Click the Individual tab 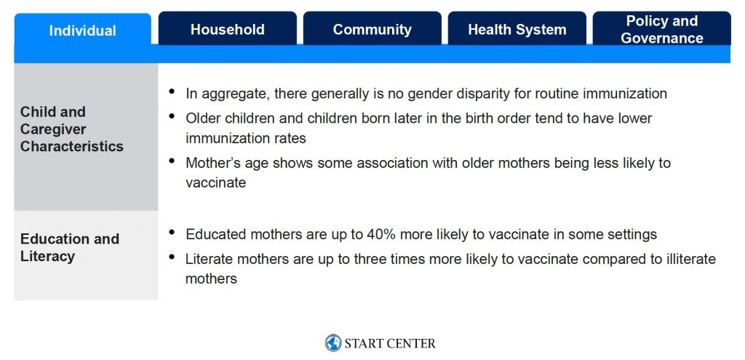pyautogui.click(x=83, y=31)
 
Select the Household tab pyautogui.click(x=228, y=28)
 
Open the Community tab pyautogui.click(x=372, y=28)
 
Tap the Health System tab pyautogui.click(x=517, y=28)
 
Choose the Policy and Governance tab pyautogui.click(x=662, y=28)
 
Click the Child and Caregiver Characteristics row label pyautogui.click(x=72, y=129)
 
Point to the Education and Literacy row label pyautogui.click(x=70, y=247)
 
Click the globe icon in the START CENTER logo pyautogui.click(x=333, y=343)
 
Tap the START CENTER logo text pyautogui.click(x=390, y=343)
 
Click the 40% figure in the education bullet pyautogui.click(x=378, y=234)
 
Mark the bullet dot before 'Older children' pyautogui.click(x=172, y=115)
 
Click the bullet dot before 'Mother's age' pyautogui.click(x=172, y=161)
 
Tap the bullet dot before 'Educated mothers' pyautogui.click(x=172, y=232)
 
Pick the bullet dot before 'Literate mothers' pyautogui.click(x=172, y=257)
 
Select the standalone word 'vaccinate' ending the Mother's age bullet pyautogui.click(x=215, y=183)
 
